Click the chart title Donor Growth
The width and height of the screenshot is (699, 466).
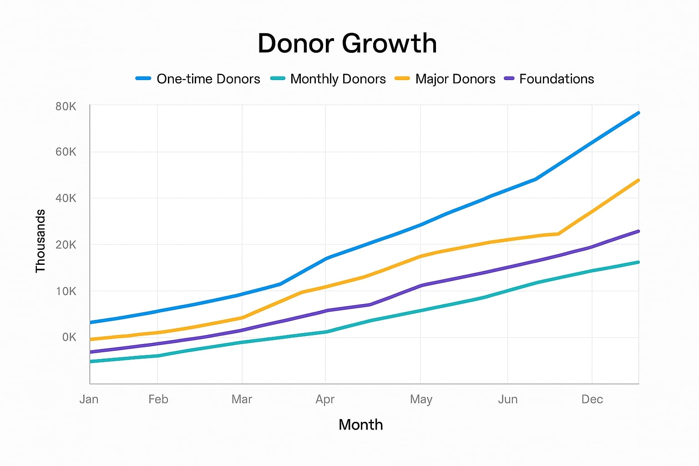(347, 44)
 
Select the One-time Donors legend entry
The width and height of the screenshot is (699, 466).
(198, 79)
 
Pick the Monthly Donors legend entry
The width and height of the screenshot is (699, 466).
(328, 79)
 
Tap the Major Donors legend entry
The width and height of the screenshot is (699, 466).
(445, 79)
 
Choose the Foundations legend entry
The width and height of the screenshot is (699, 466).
(549, 79)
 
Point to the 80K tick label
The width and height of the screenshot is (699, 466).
(66, 106)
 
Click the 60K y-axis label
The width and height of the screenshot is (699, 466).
(66, 152)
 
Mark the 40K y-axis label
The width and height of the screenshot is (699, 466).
(66, 198)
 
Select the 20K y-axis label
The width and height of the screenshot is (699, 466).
(66, 245)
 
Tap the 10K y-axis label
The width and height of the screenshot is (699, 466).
(66, 291)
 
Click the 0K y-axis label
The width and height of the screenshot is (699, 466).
(69, 337)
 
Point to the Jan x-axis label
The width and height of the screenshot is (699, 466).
(89, 399)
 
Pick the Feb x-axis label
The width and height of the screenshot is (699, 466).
(158, 399)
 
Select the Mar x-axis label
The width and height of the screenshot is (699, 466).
(242, 399)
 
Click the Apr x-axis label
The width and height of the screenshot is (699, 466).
(325, 399)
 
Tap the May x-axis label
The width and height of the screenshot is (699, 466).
(421, 399)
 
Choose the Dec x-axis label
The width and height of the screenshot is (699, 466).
(592, 399)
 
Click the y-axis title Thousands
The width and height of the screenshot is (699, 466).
(41, 241)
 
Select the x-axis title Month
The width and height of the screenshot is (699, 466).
(361, 425)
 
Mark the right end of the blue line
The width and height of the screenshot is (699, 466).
(638, 113)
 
